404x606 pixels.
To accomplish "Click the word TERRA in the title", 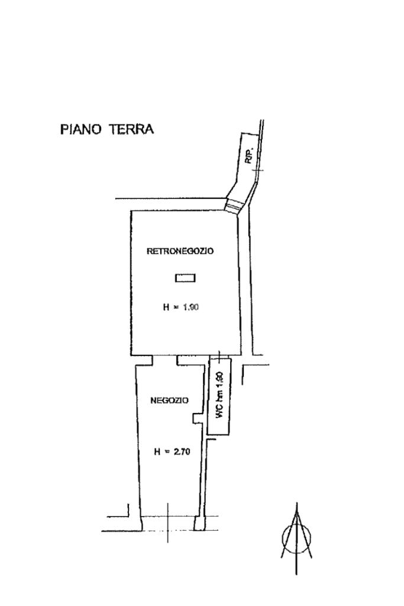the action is click(130, 129).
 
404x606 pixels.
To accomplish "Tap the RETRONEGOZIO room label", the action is click(180, 251).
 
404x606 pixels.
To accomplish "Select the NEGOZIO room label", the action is click(169, 400).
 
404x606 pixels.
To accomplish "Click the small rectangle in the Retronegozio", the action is click(186, 277).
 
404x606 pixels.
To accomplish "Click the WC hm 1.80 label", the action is click(219, 395).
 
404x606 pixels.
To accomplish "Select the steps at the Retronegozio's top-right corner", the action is click(234, 205).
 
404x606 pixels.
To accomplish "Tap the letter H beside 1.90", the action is click(166, 307).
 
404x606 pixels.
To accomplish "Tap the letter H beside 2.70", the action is click(157, 451).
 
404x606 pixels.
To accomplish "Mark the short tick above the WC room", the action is click(219, 355).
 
